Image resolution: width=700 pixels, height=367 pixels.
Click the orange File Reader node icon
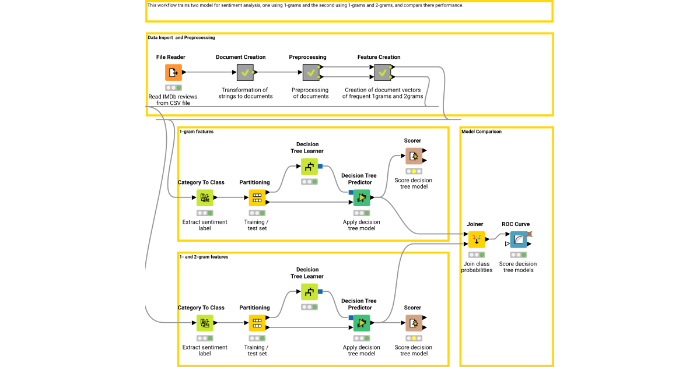coord(173,73)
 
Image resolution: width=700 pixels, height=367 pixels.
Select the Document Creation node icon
coord(245,73)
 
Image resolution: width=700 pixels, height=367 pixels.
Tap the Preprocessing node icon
coord(311,73)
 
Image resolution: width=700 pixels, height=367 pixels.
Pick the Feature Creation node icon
coord(383,73)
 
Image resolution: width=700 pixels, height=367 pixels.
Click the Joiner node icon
coord(477,239)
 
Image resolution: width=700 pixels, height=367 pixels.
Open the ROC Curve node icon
coord(518,239)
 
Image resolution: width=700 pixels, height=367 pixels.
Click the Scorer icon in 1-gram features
coord(413,156)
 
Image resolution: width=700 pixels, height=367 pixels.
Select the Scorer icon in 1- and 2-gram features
coord(413,323)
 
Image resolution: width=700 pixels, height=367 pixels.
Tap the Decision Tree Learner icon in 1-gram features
coord(309,167)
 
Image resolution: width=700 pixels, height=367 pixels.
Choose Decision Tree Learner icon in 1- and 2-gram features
coord(309,292)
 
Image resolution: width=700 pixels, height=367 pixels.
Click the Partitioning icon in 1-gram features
coord(257,198)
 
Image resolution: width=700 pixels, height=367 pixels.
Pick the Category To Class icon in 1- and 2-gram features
coord(205,323)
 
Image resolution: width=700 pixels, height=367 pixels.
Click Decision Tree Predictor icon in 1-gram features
coord(362,198)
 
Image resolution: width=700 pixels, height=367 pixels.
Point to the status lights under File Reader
coord(173,88)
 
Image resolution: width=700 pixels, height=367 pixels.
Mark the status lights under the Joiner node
coord(477,255)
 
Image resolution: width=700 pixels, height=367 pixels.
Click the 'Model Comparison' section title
coord(481,132)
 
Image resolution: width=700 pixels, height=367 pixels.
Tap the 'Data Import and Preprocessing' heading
coord(181,38)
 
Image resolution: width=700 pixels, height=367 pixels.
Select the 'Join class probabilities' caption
coord(477,267)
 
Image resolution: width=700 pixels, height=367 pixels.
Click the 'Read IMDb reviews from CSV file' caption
coord(173,100)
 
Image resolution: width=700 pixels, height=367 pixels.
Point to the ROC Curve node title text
coord(516,224)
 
